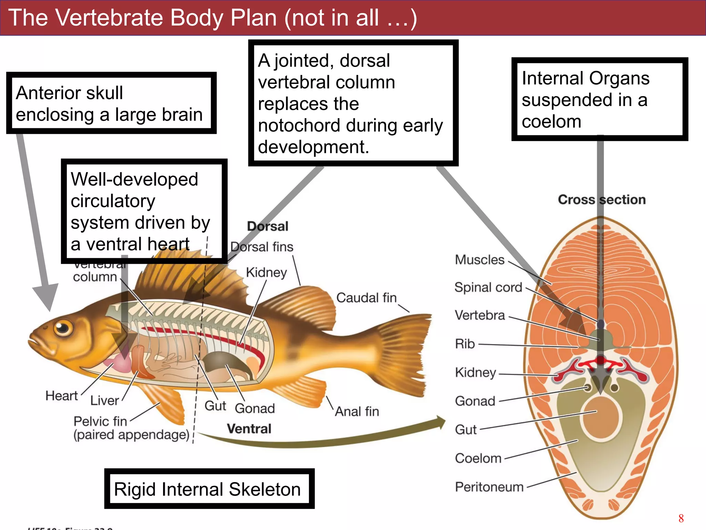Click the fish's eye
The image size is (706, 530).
tap(63, 327)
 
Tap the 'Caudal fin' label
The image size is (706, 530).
tap(366, 297)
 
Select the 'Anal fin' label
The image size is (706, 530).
tap(357, 411)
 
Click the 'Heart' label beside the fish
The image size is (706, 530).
tap(61, 396)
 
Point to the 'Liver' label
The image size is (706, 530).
tap(104, 400)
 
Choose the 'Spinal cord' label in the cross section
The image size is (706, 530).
tap(488, 287)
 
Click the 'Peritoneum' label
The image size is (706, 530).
tap(489, 487)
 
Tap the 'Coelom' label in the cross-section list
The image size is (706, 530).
tap(478, 458)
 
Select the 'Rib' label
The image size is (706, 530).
tap(465, 344)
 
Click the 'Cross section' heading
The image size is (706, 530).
tap(602, 199)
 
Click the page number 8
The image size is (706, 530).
tap(681, 518)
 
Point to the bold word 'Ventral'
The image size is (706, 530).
tap(249, 429)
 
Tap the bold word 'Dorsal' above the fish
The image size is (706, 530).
tap(268, 226)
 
